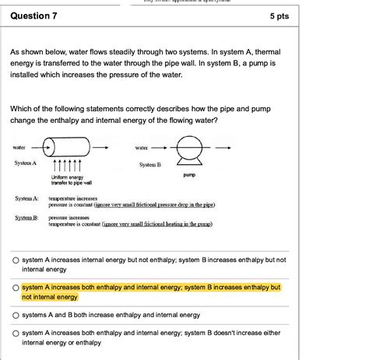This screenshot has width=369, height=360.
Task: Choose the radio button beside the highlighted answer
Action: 15,287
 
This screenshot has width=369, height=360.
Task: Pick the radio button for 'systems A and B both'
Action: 15,316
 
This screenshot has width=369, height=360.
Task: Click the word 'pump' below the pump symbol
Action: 189,175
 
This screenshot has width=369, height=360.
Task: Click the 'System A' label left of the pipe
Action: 25,163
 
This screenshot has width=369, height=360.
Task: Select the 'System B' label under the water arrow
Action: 150,165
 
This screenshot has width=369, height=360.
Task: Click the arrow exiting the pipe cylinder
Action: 103,147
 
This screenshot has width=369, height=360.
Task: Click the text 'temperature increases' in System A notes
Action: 72,198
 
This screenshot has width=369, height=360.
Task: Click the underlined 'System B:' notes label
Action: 26,218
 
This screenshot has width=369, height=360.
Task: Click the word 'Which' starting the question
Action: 21,110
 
